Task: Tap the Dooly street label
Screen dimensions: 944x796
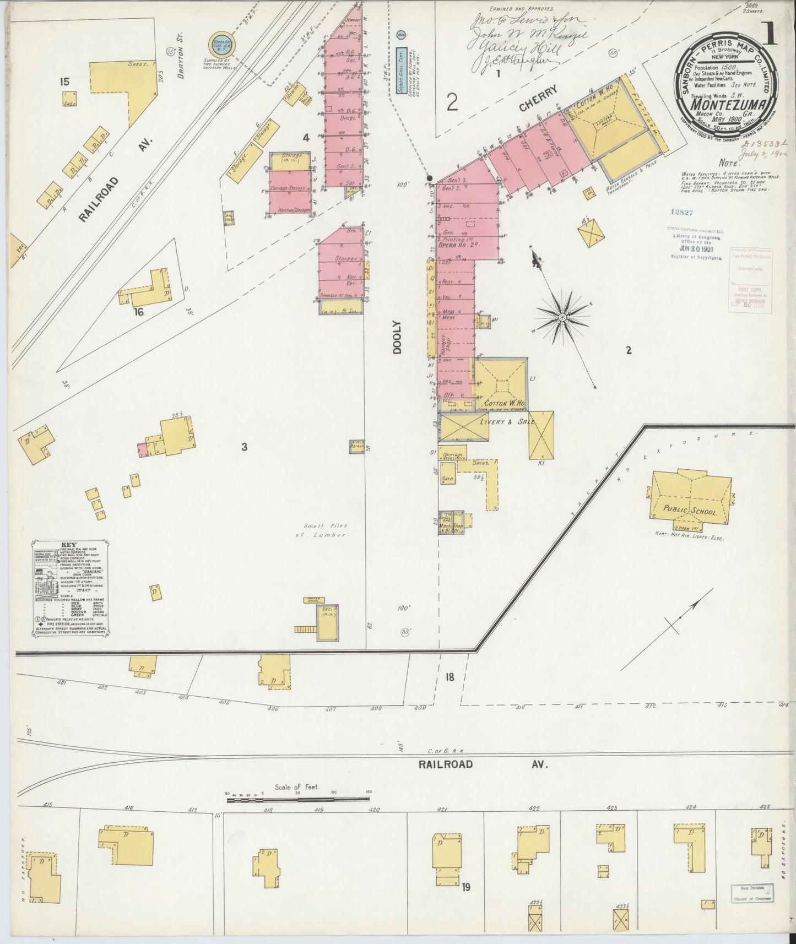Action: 398,337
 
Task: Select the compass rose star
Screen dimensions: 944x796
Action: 562,318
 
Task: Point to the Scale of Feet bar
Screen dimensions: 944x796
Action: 297,799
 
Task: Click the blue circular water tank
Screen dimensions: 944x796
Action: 223,45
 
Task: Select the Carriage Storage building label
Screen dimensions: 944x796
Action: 289,188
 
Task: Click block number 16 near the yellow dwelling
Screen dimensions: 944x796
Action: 138,312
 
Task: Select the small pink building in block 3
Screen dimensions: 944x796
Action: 142,451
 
